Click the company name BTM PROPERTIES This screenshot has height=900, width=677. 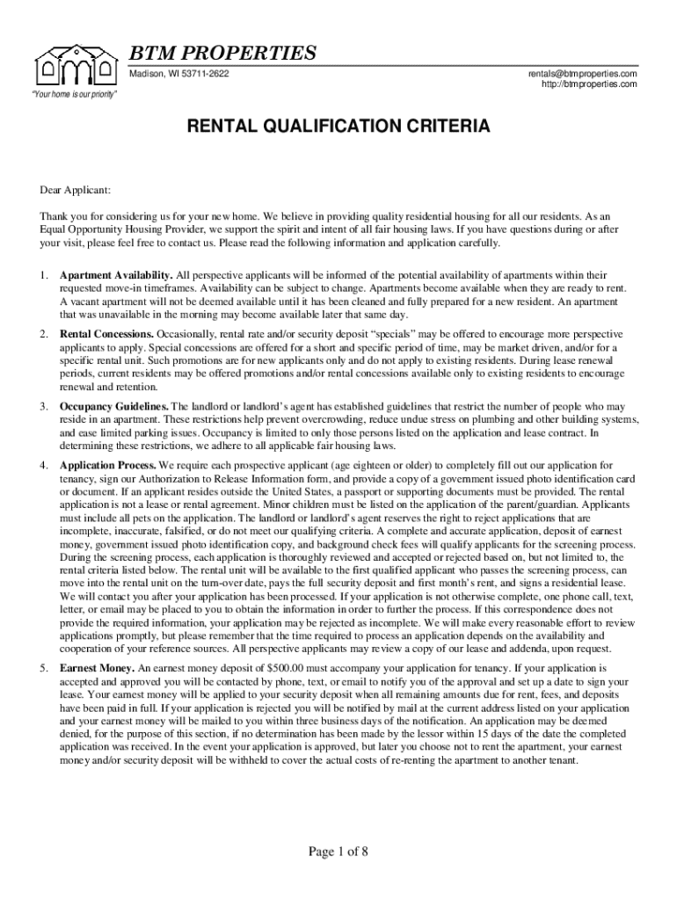(223, 54)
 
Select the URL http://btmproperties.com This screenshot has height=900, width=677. (583, 84)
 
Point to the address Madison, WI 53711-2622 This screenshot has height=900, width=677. (179, 73)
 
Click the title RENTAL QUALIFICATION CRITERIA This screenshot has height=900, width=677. (338, 127)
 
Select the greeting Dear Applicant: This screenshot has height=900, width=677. (75, 189)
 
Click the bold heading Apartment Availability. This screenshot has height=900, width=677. (116, 275)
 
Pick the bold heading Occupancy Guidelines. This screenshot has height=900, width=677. (113, 407)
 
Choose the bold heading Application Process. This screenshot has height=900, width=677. (108, 464)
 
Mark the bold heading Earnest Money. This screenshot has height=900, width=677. (97, 669)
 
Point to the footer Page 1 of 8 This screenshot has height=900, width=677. (338, 851)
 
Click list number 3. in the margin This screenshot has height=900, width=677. (43, 407)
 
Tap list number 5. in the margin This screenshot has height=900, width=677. (43, 669)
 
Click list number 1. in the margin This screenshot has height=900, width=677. (43, 275)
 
